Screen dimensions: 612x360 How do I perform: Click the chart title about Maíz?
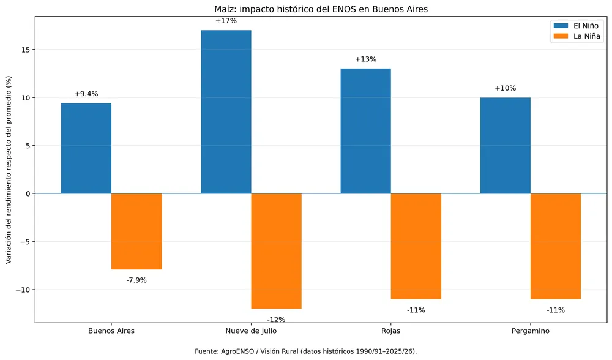[321, 9]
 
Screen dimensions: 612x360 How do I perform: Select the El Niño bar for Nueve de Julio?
[226, 111]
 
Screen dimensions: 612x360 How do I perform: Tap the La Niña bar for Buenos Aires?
[136, 231]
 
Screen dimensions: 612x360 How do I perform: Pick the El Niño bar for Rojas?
[366, 131]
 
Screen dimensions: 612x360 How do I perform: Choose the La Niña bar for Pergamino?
[556, 246]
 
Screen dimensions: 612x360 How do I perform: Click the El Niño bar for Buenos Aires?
[86, 148]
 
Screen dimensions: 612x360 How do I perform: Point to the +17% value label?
[226, 21]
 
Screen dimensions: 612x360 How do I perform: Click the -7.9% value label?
[136, 280]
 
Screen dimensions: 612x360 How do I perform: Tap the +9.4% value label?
[86, 94]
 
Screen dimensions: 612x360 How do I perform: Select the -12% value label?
[277, 320]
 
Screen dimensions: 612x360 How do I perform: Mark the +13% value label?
[366, 59]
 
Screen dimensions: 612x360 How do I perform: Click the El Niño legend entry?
[576, 26]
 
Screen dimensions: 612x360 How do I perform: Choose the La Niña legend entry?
[576, 36]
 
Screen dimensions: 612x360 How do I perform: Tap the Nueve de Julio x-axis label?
[251, 331]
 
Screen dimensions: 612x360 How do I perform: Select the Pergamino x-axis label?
[531, 331]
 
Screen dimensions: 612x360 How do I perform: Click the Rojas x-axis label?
[390, 331]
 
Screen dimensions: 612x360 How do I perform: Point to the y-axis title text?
[9, 170]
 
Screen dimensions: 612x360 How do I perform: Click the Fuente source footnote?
[306, 351]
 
